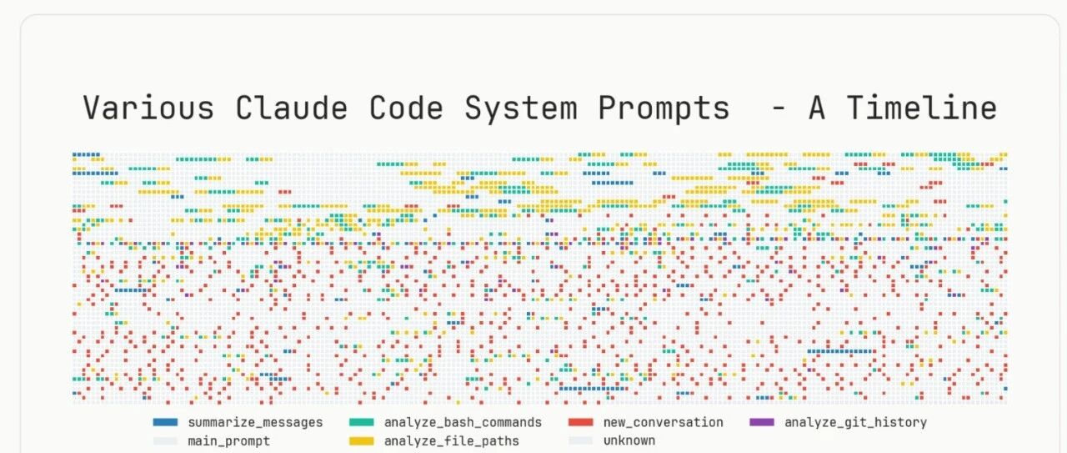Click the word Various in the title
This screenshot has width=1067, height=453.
tap(148, 108)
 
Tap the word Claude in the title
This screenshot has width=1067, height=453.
tap(292, 108)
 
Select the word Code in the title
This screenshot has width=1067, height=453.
tap(406, 108)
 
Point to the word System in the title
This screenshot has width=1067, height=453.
tap(521, 108)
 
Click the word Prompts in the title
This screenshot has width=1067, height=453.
tap(664, 109)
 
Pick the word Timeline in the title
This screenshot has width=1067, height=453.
tap(922, 108)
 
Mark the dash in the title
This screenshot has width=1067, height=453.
tap(778, 109)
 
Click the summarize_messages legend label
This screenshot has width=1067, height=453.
tap(255, 422)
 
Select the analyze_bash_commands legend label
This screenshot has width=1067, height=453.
tap(463, 422)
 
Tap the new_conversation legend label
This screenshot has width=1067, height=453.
tap(663, 422)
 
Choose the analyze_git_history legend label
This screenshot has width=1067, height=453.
tap(855, 422)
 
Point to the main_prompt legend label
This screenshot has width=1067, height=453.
tap(228, 441)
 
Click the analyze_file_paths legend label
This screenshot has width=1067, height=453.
tap(452, 441)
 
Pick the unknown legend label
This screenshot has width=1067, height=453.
tap(629, 440)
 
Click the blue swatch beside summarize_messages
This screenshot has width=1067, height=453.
tap(165, 422)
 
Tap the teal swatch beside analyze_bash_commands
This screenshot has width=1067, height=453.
tap(362, 422)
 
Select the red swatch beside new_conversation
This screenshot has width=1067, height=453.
tap(581, 422)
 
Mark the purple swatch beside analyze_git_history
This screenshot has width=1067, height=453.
tap(762, 422)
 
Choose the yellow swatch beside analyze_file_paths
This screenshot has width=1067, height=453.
tap(362, 441)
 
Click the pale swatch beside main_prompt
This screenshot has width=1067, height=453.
tap(165, 441)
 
